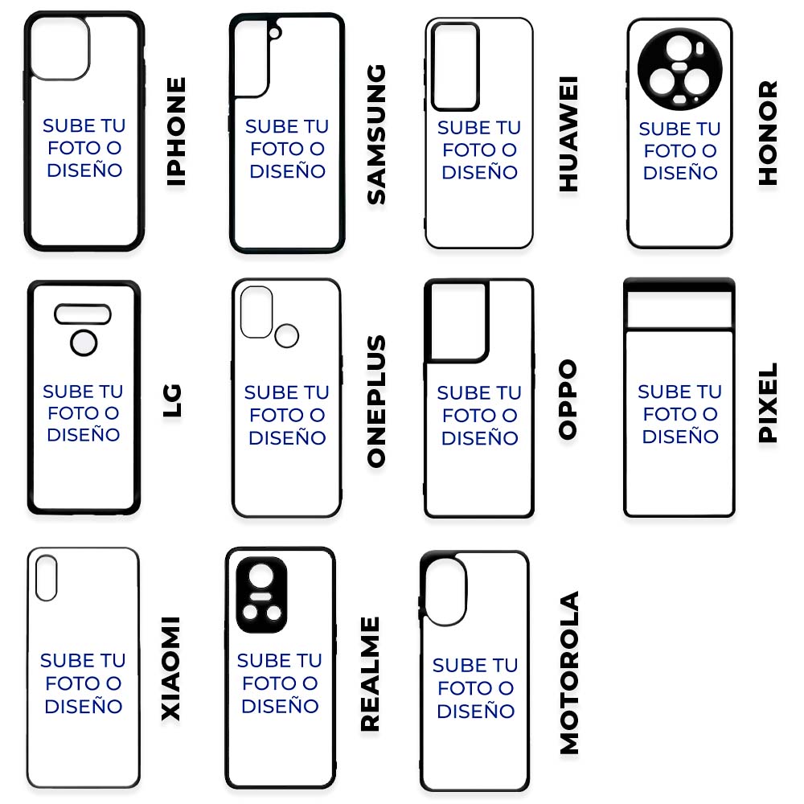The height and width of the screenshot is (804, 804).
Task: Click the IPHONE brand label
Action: [x=176, y=132]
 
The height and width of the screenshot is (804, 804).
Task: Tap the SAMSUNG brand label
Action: [x=376, y=134]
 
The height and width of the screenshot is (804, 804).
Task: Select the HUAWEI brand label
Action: [x=568, y=133]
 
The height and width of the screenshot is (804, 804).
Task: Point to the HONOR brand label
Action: [x=768, y=133]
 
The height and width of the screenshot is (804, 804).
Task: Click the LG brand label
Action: [x=172, y=400]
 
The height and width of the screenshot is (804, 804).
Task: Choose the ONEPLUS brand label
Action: [x=376, y=401]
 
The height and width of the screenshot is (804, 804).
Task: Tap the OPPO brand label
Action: [x=568, y=400]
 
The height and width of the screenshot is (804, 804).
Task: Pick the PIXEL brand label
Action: [x=768, y=403]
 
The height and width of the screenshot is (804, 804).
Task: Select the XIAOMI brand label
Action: [x=170, y=669]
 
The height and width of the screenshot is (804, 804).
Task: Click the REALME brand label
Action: [x=370, y=674]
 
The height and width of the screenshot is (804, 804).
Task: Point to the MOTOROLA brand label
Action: [x=569, y=673]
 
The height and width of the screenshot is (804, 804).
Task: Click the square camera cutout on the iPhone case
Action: [x=60, y=48]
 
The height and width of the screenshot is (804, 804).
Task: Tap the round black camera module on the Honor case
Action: [x=679, y=69]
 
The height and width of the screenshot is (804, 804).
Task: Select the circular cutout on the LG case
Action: [x=84, y=343]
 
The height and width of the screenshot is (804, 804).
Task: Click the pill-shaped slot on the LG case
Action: [x=83, y=314]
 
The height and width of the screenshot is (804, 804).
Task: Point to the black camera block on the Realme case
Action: [x=261, y=595]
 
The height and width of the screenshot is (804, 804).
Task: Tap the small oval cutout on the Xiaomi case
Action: [x=46, y=578]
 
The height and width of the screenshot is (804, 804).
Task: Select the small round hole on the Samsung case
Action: [x=275, y=33]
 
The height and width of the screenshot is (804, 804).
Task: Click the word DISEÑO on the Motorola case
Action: [x=476, y=712]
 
